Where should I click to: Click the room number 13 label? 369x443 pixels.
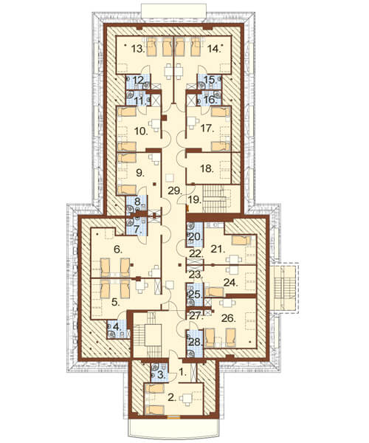tap(139, 49)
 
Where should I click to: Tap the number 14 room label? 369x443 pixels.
tap(214, 49)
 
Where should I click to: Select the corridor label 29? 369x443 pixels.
tap(174, 190)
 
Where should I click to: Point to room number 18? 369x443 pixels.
tap(207, 168)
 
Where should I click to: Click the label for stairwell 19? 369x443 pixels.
tap(195, 200)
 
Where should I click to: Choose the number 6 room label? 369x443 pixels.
tap(118, 250)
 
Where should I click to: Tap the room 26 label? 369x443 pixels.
tap(229, 318)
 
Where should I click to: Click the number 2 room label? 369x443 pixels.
tap(172, 397)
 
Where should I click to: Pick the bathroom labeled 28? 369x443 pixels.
tap(196, 343)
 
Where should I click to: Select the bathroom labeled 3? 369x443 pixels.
tap(161, 375)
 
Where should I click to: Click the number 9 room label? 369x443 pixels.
tap(139, 173)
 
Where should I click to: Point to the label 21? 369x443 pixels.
tap(218, 250)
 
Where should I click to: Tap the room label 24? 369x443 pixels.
tap(231, 282)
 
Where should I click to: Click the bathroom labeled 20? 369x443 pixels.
tap(196, 237)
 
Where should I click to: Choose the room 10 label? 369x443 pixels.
tap(141, 131)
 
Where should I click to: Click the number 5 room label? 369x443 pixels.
tap(116, 302)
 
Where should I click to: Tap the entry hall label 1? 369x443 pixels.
tap(183, 373)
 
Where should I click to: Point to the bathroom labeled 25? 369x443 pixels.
tap(196, 294)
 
